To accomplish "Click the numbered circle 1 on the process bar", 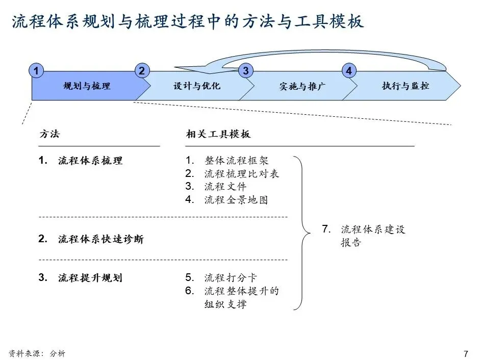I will [x=36, y=71].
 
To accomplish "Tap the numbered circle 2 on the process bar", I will [x=141, y=71].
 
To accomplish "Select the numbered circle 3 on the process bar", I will [x=245, y=71].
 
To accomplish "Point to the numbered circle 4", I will [x=349, y=71].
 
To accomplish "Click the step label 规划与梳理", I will [x=87, y=86].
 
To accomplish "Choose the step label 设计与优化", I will [x=197, y=86].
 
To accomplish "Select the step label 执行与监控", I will [x=406, y=86].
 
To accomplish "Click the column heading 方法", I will [x=49, y=134].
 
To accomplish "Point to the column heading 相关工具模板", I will [x=218, y=134].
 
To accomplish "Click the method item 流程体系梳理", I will [x=90, y=161].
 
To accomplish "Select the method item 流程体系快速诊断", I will [x=100, y=239].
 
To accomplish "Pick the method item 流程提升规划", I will [x=90, y=278].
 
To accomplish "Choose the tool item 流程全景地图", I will [x=236, y=200].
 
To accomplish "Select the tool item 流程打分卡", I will [x=231, y=278].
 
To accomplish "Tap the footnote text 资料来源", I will [x=26, y=353].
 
